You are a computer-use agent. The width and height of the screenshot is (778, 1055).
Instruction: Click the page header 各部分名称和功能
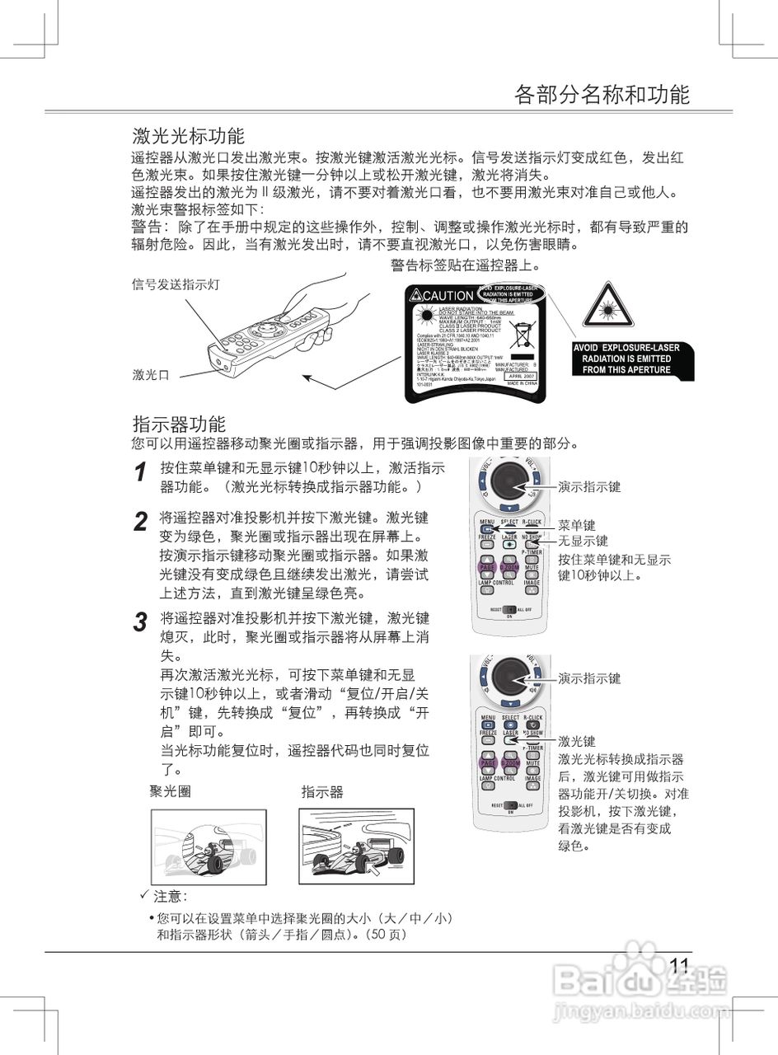point(601,94)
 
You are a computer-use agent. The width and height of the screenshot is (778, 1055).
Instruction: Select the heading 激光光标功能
point(189,135)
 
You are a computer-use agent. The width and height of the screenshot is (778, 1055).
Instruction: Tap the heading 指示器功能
point(179,424)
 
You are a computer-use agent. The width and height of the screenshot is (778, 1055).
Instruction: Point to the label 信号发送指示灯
point(176,284)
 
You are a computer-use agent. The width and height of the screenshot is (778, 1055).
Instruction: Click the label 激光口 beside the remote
point(151,375)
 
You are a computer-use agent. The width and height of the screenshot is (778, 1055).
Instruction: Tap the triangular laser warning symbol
point(607,306)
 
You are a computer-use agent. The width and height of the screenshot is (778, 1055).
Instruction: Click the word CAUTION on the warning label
point(448,296)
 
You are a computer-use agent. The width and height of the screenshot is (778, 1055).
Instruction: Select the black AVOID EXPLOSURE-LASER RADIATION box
point(626,359)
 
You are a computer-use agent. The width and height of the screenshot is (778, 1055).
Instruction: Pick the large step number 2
point(141,522)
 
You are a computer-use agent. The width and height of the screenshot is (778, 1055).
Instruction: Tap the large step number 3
point(141,622)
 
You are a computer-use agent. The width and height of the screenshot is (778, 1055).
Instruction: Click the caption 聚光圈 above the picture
point(171,792)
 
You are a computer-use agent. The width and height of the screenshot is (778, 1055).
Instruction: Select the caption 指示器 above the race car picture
point(321,792)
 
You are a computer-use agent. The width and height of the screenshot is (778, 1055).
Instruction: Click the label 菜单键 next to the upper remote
point(576,525)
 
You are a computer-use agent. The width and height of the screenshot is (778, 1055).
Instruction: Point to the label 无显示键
point(583,541)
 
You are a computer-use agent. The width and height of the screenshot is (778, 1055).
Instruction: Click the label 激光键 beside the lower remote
point(576,742)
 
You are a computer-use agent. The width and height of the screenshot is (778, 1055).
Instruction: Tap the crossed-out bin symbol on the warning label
point(522,335)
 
